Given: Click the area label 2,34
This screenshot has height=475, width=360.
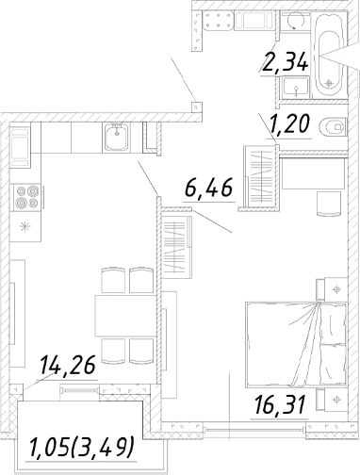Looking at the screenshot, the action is [286, 62].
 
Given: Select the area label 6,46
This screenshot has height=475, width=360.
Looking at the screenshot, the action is [209, 188].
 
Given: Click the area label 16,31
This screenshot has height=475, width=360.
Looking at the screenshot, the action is [281, 404].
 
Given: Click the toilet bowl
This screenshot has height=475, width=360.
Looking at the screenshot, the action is [332, 127].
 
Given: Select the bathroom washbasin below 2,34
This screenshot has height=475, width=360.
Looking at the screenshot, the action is [296, 87].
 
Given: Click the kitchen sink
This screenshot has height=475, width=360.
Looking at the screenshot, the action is [117, 137].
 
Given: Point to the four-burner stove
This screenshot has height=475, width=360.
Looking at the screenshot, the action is [27, 197].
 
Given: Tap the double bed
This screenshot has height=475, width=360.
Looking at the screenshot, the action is [297, 344].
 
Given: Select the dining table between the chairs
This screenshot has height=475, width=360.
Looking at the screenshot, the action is [126, 316].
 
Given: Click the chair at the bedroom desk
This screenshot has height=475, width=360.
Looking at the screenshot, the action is [329, 204].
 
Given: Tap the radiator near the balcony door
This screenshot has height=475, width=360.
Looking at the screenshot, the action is [79, 390].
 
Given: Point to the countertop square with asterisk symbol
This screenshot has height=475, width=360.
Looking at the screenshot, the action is [25, 226].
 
